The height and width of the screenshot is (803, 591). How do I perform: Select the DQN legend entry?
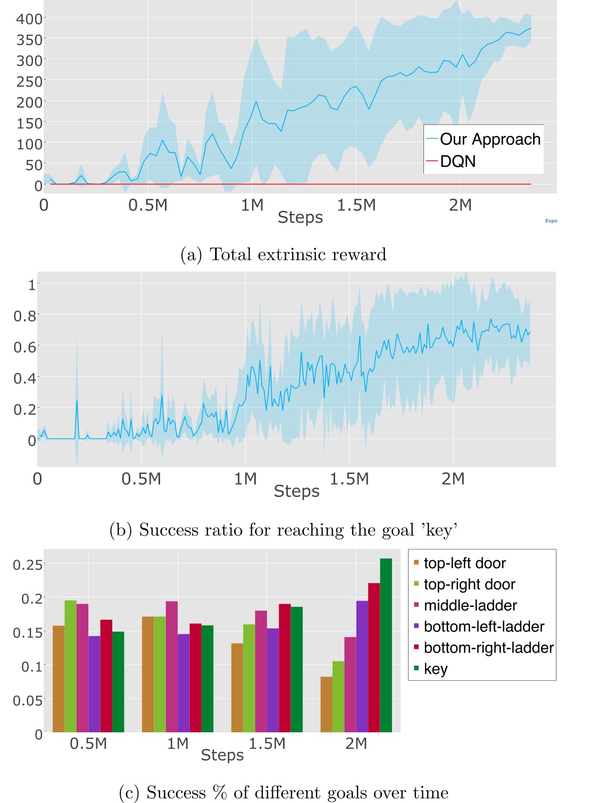coord(457,161)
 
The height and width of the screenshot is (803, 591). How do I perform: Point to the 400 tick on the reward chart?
coord(29,19)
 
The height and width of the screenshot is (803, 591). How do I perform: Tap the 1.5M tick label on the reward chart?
coord(356,205)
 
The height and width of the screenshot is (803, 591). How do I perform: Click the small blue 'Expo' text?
coord(551,221)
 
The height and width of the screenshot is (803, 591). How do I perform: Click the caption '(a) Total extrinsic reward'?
coord(283,255)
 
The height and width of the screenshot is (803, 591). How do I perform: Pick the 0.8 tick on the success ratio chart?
coord(24,316)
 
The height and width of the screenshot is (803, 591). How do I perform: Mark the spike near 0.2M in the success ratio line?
coord(77,401)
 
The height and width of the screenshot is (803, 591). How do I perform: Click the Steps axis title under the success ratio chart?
coord(296,491)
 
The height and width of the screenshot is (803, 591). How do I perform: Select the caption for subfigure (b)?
coord(283,530)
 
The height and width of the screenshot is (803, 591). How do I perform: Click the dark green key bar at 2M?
coord(386,645)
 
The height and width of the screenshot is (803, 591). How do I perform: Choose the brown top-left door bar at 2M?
coord(326,704)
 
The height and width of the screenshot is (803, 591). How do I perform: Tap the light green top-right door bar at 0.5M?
coord(71,666)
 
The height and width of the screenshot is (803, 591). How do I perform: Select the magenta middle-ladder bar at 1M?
coord(171,667)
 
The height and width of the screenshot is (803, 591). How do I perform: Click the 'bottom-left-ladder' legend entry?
coord(484,627)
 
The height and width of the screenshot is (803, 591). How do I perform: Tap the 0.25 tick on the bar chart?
coord(28,564)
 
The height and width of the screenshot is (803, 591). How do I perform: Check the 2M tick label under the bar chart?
coord(356,743)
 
